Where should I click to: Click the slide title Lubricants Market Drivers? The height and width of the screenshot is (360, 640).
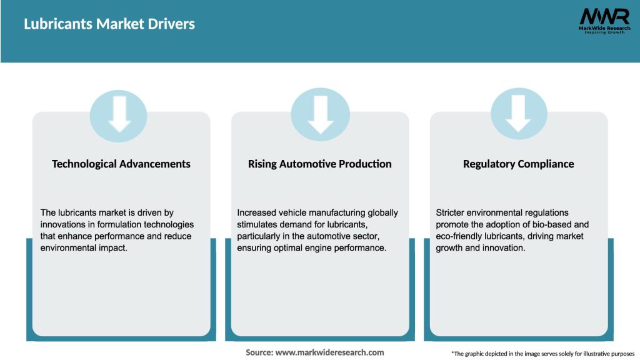pos(109,24)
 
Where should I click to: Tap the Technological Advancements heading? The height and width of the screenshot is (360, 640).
pos(121,164)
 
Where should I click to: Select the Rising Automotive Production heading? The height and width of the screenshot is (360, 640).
pos(319,164)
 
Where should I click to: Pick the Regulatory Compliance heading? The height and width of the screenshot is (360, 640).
pos(518,164)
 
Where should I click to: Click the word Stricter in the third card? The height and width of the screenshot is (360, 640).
pos(451,212)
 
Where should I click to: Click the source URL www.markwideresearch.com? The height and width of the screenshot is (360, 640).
pos(330,352)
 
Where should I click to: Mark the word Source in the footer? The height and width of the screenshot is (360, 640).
pos(259,352)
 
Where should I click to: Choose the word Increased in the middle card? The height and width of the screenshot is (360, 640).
pos(257,212)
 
